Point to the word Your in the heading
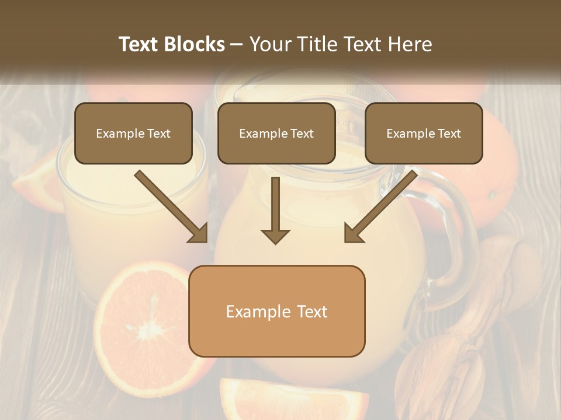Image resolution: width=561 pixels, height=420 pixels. point(268,44)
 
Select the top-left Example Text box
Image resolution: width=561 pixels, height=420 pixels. point(133,133)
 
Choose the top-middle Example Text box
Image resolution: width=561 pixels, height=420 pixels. point(276,133)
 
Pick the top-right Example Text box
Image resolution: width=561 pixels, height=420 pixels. point(424,133)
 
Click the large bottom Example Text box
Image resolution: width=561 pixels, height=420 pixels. point(276,311)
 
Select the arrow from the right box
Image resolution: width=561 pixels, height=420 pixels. point(380,206)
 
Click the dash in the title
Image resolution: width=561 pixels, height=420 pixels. point(237,44)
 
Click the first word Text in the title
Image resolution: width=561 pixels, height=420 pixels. point(140,44)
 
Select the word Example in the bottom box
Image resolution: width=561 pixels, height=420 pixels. point(254,311)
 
